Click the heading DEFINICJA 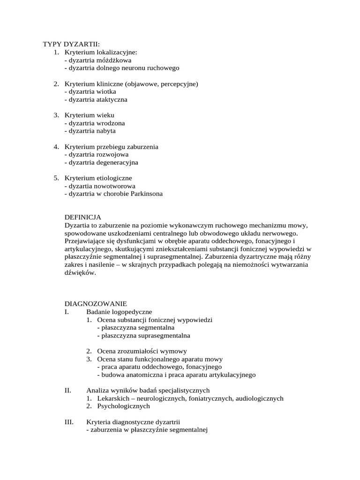[x=82, y=217]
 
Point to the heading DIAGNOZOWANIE [x=96, y=304]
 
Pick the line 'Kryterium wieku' [x=90, y=115]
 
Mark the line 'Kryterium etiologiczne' [x=98, y=178]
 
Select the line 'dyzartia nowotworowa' [x=100, y=186]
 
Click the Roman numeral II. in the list [x=67, y=390]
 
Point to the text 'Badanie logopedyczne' [x=119, y=312]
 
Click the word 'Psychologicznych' [x=123, y=406]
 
